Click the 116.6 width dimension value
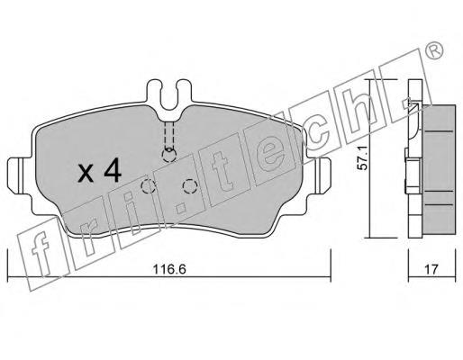[169, 269]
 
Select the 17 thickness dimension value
[431, 269]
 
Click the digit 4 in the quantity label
[113, 170]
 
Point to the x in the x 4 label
[86, 174]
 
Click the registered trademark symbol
[434, 50]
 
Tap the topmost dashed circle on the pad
[169, 155]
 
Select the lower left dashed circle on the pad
[148, 186]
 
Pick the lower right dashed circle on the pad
[190, 186]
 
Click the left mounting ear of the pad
[15, 176]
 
